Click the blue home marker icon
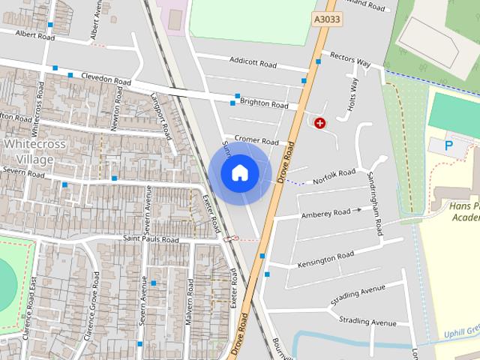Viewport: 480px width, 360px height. [x=239, y=172]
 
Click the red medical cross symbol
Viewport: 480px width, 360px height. [x=320, y=122]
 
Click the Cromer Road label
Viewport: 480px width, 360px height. [x=256, y=140]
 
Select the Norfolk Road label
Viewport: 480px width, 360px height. [x=334, y=177]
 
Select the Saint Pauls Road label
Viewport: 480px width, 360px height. [x=151, y=240]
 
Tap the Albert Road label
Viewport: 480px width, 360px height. [x=35, y=35]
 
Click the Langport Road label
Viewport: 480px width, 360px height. [x=161, y=115]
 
